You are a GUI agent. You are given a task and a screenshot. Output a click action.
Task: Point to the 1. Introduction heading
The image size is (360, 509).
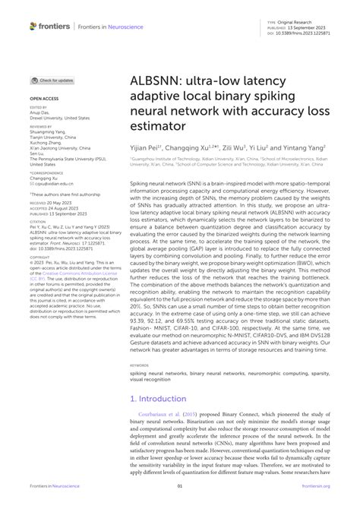coord(157,398)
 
